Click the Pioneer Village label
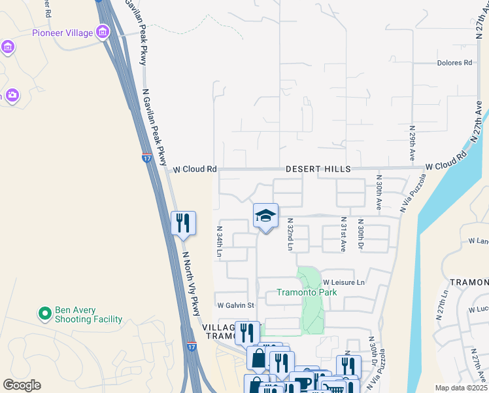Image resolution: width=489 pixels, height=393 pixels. tap(62, 32)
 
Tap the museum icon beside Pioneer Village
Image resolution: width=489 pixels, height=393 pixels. tap(103, 31)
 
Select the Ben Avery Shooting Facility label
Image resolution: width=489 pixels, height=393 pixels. tap(88, 314)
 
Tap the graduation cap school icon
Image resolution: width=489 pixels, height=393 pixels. tap(265, 215)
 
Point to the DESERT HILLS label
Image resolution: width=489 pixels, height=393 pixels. tap(318, 169)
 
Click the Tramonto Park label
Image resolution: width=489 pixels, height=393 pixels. tap(306, 292)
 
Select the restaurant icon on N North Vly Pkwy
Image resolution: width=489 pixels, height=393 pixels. tap(183, 223)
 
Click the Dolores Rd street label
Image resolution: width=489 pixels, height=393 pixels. tap(454, 63)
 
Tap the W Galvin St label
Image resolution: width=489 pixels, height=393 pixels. tap(235, 305)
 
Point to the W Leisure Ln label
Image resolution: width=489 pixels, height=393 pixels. tap(343, 282)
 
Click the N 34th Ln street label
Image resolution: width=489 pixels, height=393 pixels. tap(220, 242)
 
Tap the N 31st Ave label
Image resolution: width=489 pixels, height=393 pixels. tap(343, 235)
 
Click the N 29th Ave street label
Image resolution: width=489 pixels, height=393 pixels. tap(413, 144)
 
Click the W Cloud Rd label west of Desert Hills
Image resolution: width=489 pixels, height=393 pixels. tap(194, 169)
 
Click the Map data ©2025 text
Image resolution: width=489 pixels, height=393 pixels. tap(460, 388)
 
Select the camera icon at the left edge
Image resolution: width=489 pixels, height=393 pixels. tap(12, 96)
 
